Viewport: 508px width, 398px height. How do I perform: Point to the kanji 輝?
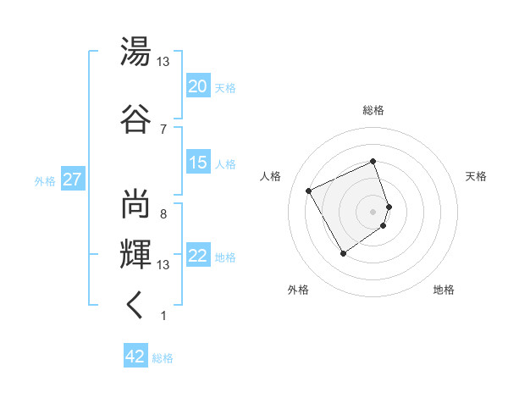coord(135,252)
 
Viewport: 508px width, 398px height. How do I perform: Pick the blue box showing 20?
coord(198,86)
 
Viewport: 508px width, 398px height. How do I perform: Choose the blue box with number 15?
coord(198,163)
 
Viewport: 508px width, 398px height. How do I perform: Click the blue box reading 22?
coord(198,257)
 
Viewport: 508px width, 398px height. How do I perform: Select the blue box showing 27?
coord(72,180)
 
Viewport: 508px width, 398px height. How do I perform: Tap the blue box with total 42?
coord(135,357)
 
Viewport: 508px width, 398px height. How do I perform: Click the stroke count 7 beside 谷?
coord(163,129)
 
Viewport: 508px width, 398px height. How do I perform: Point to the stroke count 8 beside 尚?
coord(163,214)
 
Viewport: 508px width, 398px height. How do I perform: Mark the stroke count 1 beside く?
coord(163,316)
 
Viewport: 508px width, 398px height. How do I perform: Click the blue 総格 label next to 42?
coord(163,358)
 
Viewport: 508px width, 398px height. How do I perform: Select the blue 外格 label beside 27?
coord(45,181)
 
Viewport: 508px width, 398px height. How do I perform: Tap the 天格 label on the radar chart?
coord(476,176)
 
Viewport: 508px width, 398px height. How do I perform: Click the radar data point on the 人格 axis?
coord(309,191)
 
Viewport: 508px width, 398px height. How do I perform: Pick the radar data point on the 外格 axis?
coord(343,253)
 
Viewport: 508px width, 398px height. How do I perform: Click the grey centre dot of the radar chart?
coord(373,212)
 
